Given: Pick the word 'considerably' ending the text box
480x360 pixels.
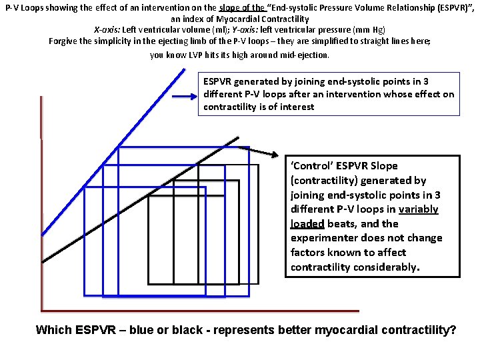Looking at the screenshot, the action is (x=386, y=267).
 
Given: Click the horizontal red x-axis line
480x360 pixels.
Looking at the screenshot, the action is (x=200, y=311).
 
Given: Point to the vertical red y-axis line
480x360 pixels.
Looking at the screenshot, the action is (x=41, y=200).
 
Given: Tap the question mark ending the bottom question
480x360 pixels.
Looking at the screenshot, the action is (x=453, y=329).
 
